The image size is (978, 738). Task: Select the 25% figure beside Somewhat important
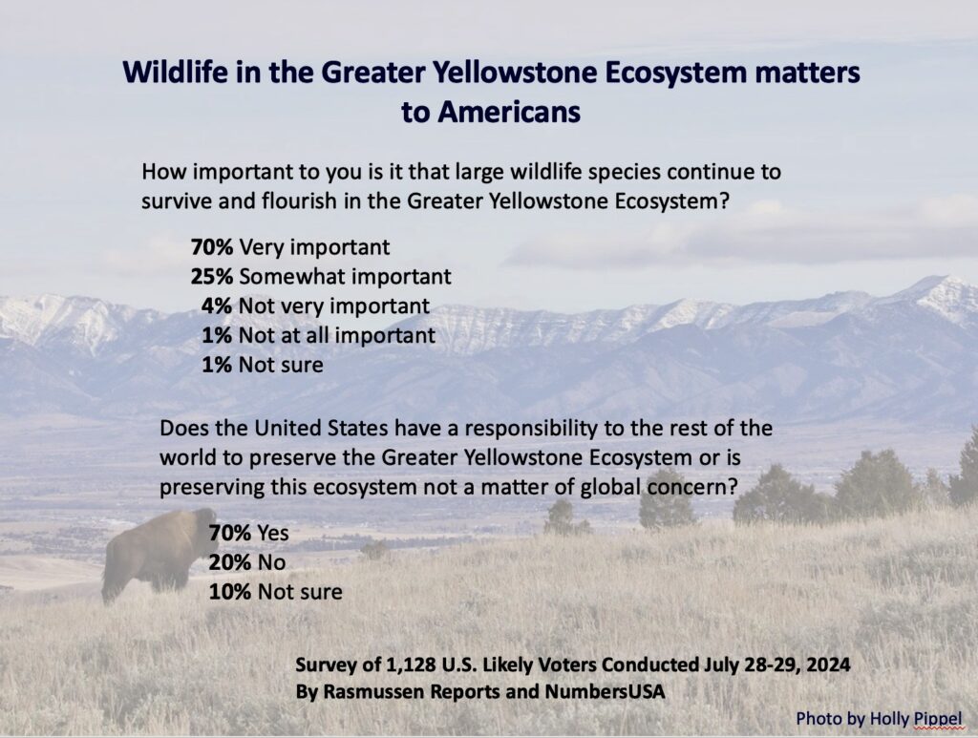point(212,276)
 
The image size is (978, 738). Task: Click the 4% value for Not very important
point(217,306)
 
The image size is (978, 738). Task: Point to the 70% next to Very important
point(212,247)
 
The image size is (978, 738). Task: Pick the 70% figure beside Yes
point(230,533)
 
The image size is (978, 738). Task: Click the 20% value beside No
point(230,562)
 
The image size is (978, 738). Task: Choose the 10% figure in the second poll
point(230,592)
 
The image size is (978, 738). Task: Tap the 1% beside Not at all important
point(217,335)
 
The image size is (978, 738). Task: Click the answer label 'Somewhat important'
point(345,276)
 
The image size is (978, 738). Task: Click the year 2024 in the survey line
point(828,664)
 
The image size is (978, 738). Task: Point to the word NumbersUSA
point(605,692)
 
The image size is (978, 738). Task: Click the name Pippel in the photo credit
point(938,719)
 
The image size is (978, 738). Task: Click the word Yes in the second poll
point(273,533)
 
